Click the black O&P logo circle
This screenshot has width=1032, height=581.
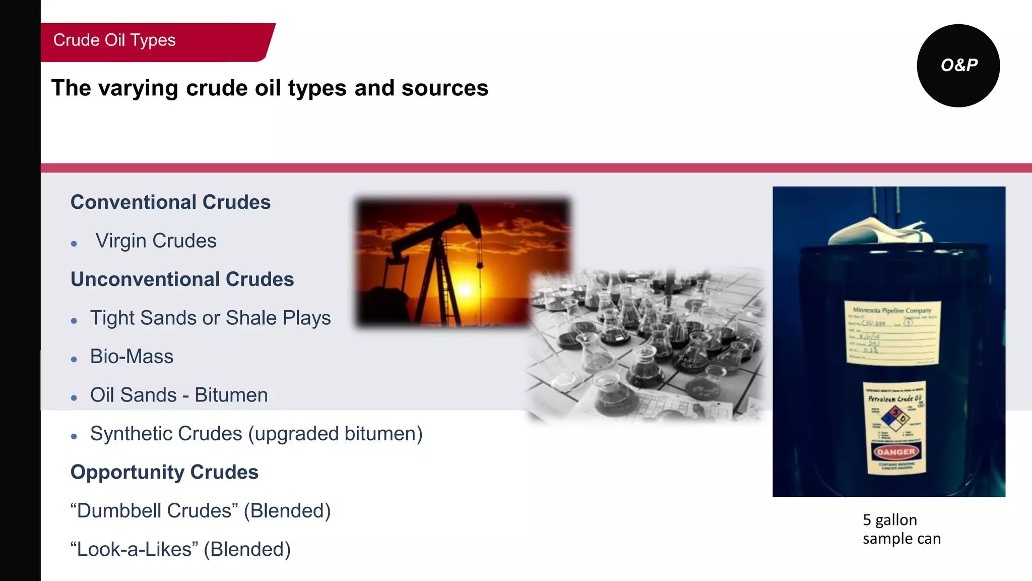click(x=958, y=66)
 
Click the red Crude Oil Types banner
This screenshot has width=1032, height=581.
click(x=151, y=41)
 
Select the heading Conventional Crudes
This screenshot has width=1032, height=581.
click(x=170, y=202)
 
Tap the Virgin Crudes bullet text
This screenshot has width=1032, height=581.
click(x=156, y=241)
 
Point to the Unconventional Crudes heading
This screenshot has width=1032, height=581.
click(x=182, y=279)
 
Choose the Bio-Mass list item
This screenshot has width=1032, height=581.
click(x=132, y=357)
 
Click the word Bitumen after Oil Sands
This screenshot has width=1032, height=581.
click(x=231, y=395)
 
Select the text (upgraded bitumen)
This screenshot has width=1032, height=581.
click(x=335, y=434)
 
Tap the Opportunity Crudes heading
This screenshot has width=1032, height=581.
click(x=164, y=473)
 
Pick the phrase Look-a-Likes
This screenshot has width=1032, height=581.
click(x=135, y=549)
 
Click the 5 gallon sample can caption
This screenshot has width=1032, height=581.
click(x=901, y=529)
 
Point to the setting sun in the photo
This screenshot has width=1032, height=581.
click(x=465, y=289)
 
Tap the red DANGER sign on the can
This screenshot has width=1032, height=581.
click(x=896, y=452)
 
